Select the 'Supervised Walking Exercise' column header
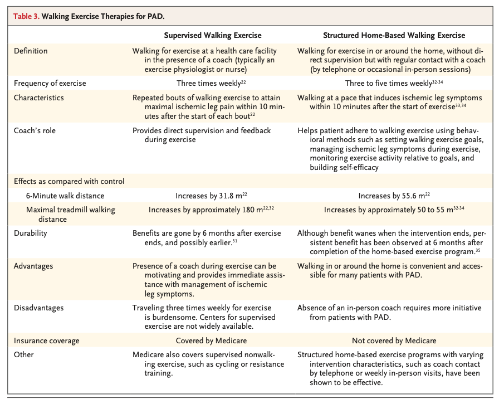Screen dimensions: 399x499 pyautogui.click(x=212, y=35)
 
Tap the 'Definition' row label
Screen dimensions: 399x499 pyautogui.click(x=31, y=51)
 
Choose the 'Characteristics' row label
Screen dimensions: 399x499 pyautogui.click(x=39, y=98)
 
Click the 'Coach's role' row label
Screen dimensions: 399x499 pyautogui.click(x=36, y=130)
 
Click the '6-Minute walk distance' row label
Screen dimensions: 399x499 pyautogui.click(x=65, y=196)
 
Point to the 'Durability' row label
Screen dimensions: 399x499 pyautogui.click(x=31, y=233)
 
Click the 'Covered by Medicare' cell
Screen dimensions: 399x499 pyautogui.click(x=211, y=340)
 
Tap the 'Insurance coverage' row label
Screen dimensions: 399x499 pyautogui.click(x=46, y=340)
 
